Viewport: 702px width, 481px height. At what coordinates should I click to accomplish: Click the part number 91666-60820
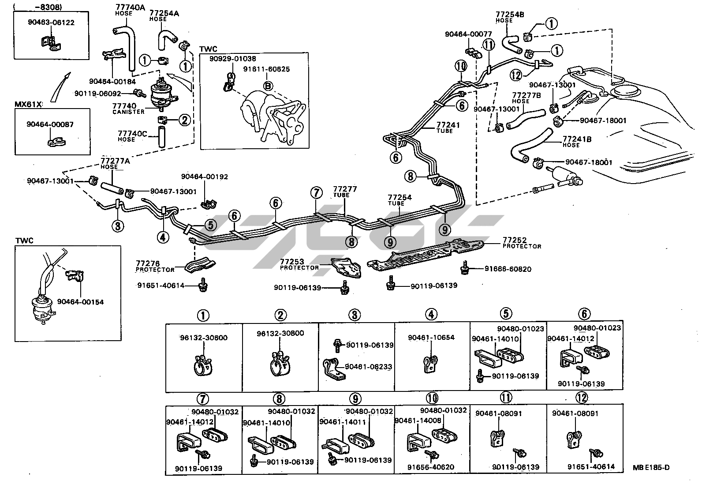[508, 269]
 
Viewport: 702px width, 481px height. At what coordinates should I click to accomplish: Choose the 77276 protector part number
[148, 263]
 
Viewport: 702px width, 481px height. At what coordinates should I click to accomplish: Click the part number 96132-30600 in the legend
[203, 338]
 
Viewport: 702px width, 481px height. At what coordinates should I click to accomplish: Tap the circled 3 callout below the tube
[118, 226]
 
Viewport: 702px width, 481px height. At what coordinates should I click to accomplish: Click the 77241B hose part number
[577, 139]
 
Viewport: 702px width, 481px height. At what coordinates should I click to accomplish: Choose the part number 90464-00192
[205, 177]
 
